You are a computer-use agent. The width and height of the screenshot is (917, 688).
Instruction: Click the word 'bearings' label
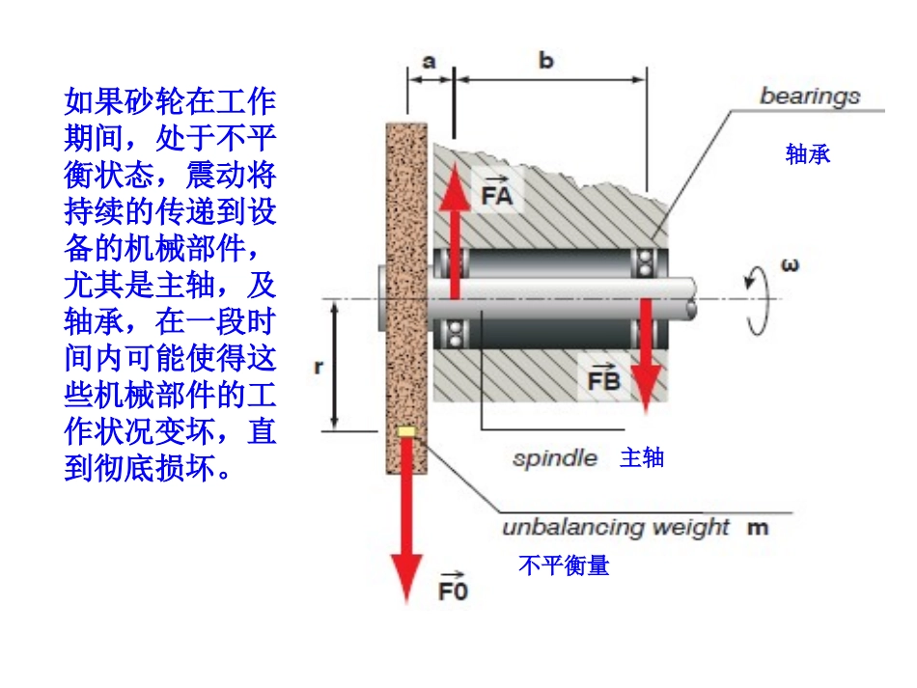pos(810,96)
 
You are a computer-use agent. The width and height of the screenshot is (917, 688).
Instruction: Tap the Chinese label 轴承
pos(808,154)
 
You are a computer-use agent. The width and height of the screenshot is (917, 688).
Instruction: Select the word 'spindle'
pos(555,459)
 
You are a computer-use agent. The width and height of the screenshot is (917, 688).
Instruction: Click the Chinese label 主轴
pos(642,457)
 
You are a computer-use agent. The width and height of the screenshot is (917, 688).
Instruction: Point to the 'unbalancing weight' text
pos(616,528)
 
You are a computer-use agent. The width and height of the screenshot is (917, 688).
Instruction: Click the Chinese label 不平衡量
pos(564,565)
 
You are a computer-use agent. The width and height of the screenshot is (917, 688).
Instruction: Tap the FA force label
pos(496,191)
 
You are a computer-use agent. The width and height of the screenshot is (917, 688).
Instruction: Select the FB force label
pos(603,377)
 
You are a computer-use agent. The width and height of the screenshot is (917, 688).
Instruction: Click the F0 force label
pos(454,588)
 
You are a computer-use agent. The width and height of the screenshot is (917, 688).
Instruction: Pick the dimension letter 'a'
pos(430,62)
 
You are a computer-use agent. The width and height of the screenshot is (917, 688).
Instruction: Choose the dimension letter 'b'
pos(545,60)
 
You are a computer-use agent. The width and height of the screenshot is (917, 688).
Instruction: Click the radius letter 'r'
pos(319,367)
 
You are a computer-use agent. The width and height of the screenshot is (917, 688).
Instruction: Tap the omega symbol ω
pos(790,265)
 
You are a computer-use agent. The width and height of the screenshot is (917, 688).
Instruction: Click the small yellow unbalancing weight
pos(406,432)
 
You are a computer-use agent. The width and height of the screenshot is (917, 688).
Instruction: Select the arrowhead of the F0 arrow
pos(406,576)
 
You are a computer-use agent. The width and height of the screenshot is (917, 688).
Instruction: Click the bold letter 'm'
pos(758,528)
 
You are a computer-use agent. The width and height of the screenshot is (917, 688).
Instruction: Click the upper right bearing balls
pos(646,263)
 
